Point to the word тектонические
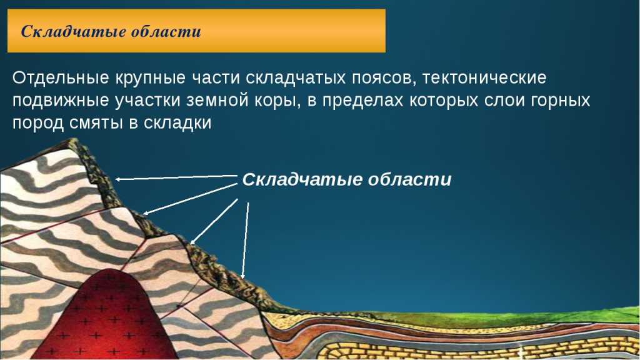pos(484,77)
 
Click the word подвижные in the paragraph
pos(61,101)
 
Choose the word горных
pos(561,101)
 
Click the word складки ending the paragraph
pos(177,123)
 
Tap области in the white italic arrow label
pos(410,179)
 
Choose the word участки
pos(147,101)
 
